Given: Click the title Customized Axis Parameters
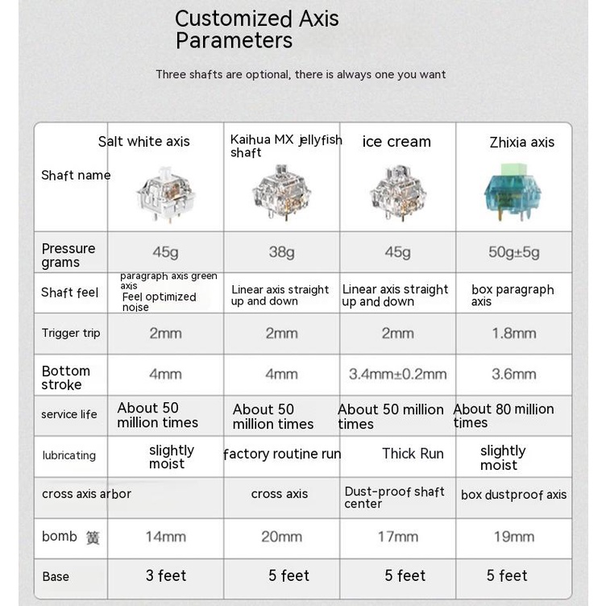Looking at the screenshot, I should click(256, 29).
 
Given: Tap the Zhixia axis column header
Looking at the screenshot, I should click(521, 143).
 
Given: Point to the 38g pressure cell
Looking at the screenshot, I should click(281, 252).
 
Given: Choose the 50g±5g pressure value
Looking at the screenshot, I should click(514, 252).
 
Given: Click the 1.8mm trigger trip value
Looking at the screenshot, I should click(513, 333).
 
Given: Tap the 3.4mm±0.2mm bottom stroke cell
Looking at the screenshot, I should click(397, 374).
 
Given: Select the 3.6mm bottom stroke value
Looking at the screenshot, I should click(513, 374).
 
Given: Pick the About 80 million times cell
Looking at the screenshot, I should click(504, 416).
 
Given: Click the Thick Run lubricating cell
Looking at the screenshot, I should click(413, 454).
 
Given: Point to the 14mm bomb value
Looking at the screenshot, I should click(165, 536).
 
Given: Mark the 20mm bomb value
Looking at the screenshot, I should click(281, 536).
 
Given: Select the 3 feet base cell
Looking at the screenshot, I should click(166, 575).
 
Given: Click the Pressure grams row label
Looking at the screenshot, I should click(68, 255).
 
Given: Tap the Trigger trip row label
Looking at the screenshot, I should click(71, 333).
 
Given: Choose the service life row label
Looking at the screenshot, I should click(69, 414).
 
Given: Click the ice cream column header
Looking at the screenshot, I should click(396, 142).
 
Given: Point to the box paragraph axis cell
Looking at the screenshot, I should click(513, 295).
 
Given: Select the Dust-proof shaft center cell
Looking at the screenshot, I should click(394, 497).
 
